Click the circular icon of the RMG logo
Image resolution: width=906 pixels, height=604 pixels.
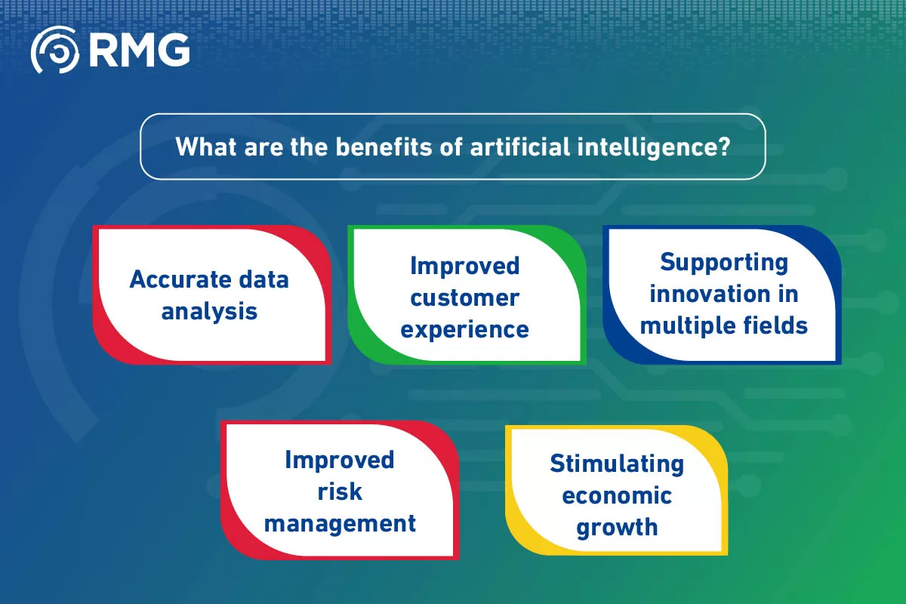click(x=54, y=50)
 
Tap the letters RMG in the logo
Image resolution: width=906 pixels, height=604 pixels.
click(x=139, y=51)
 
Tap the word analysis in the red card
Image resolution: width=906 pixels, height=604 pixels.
click(x=209, y=311)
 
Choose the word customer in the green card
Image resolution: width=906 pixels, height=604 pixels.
click(x=465, y=297)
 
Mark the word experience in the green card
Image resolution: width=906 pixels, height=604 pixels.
click(x=465, y=330)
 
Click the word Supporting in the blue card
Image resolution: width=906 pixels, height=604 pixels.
click(x=724, y=262)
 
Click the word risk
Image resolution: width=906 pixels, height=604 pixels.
click(x=340, y=492)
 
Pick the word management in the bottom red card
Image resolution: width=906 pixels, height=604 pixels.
click(x=340, y=523)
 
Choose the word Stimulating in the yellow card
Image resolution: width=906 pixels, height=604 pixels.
click(x=617, y=463)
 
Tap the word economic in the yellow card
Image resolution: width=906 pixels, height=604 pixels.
click(x=617, y=495)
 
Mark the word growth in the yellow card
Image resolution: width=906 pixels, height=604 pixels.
click(x=617, y=527)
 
